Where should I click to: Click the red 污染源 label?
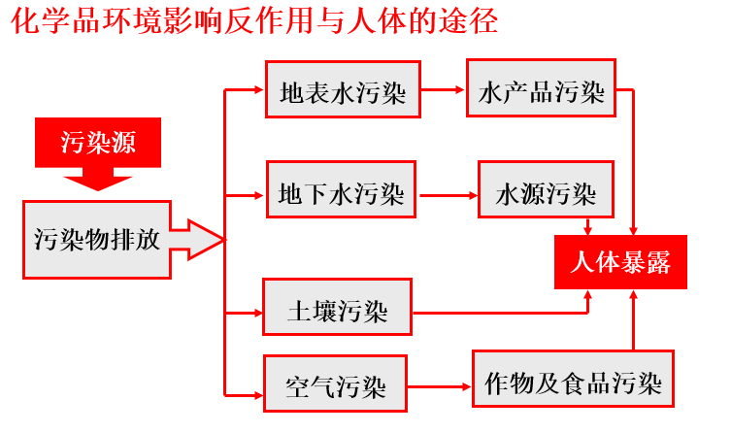[97, 144]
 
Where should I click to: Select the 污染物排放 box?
[97, 239]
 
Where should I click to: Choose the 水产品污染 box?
[541, 92]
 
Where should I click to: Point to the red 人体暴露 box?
[620, 262]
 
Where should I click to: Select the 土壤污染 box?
[337, 311]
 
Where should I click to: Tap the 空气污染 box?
[336, 385]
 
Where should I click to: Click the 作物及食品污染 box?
[573, 383]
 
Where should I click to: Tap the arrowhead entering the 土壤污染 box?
[256, 312]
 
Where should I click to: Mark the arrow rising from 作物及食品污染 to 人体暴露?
[633, 320]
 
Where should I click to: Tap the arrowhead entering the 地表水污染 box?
[258, 92]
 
